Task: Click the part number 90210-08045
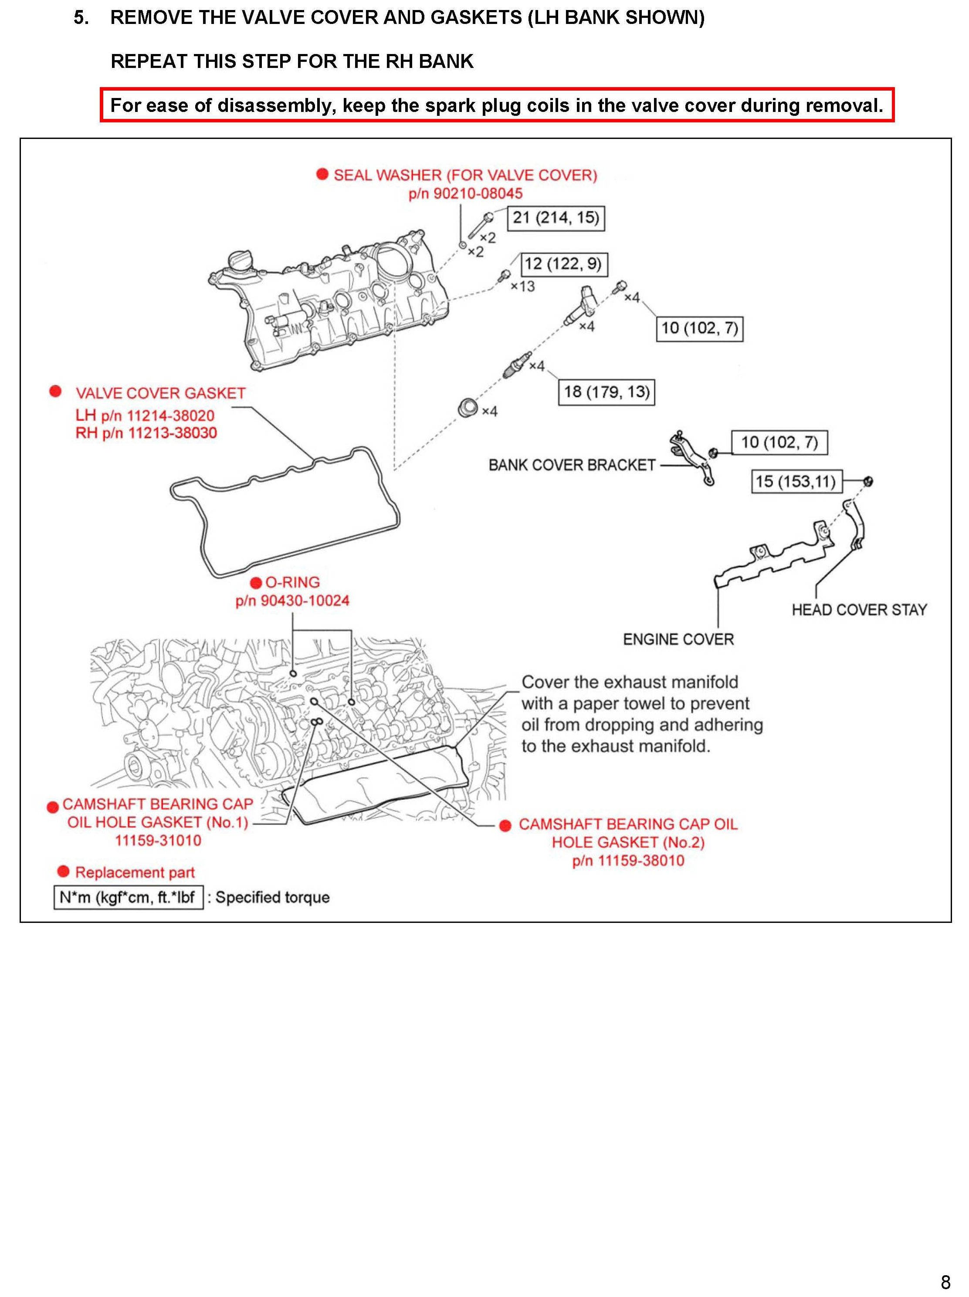[478, 193]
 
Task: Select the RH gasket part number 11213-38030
[172, 433]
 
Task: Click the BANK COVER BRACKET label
[572, 465]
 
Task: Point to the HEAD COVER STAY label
[859, 610]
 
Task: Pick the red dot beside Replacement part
[63, 871]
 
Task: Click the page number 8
[945, 1282]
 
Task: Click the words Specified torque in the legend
[272, 897]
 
